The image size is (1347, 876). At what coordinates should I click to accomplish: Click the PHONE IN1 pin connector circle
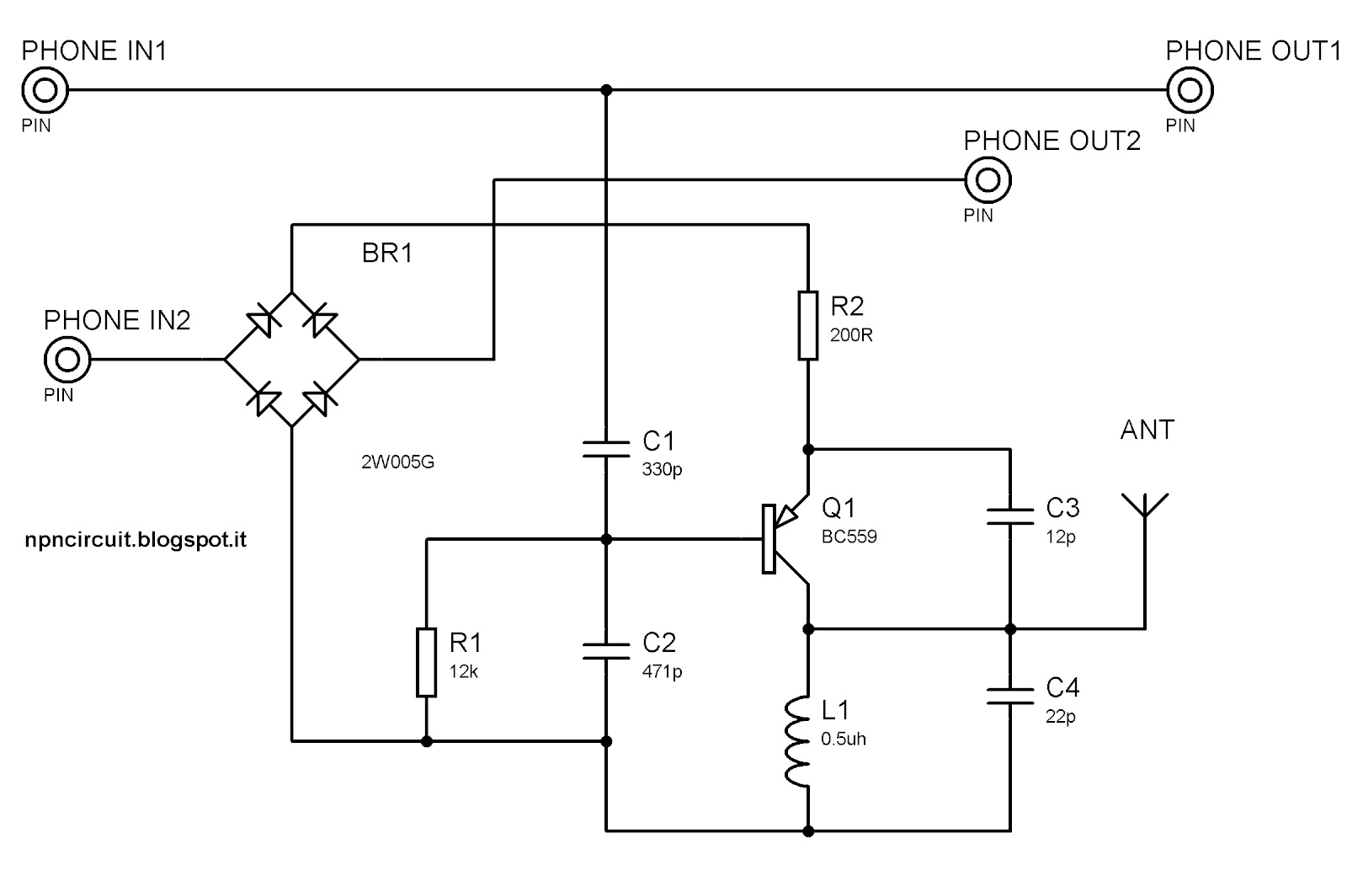tap(44, 90)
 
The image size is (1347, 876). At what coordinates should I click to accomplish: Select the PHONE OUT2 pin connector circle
tap(988, 179)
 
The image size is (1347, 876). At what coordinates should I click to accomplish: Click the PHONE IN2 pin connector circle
tap(67, 360)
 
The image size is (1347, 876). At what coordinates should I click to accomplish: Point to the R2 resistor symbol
tap(807, 325)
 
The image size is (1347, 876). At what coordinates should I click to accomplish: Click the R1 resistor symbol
tap(427, 662)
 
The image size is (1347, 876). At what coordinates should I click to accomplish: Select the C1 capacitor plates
tap(606, 447)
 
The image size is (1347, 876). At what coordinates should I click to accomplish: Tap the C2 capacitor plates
tap(606, 649)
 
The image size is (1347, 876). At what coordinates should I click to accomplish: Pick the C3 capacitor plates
tap(1010, 515)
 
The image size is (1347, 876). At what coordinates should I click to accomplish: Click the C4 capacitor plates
tap(1010, 694)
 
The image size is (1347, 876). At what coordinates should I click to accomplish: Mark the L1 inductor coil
tap(800, 742)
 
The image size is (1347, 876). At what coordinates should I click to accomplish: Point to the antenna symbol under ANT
tap(1145, 522)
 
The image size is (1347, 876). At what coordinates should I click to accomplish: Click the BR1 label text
tap(387, 253)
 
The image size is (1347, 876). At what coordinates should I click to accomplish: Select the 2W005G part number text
tap(397, 462)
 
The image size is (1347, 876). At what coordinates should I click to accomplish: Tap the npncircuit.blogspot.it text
tap(136, 539)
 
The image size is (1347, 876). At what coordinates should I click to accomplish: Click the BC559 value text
tap(849, 537)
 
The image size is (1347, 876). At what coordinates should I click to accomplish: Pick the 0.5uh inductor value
tap(844, 739)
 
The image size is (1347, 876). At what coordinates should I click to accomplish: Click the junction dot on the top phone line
tap(606, 90)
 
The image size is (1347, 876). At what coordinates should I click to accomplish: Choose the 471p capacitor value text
tap(662, 671)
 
